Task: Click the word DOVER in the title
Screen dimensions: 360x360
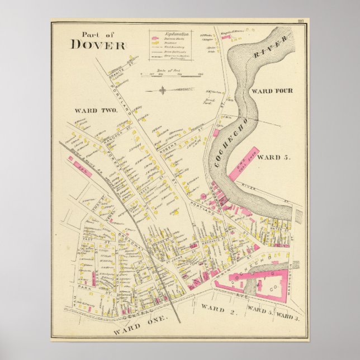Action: (98, 45)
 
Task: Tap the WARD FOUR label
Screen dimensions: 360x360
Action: (272, 91)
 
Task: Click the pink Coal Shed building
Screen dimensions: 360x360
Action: (244, 164)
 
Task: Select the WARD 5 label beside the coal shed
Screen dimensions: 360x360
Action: (275, 157)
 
